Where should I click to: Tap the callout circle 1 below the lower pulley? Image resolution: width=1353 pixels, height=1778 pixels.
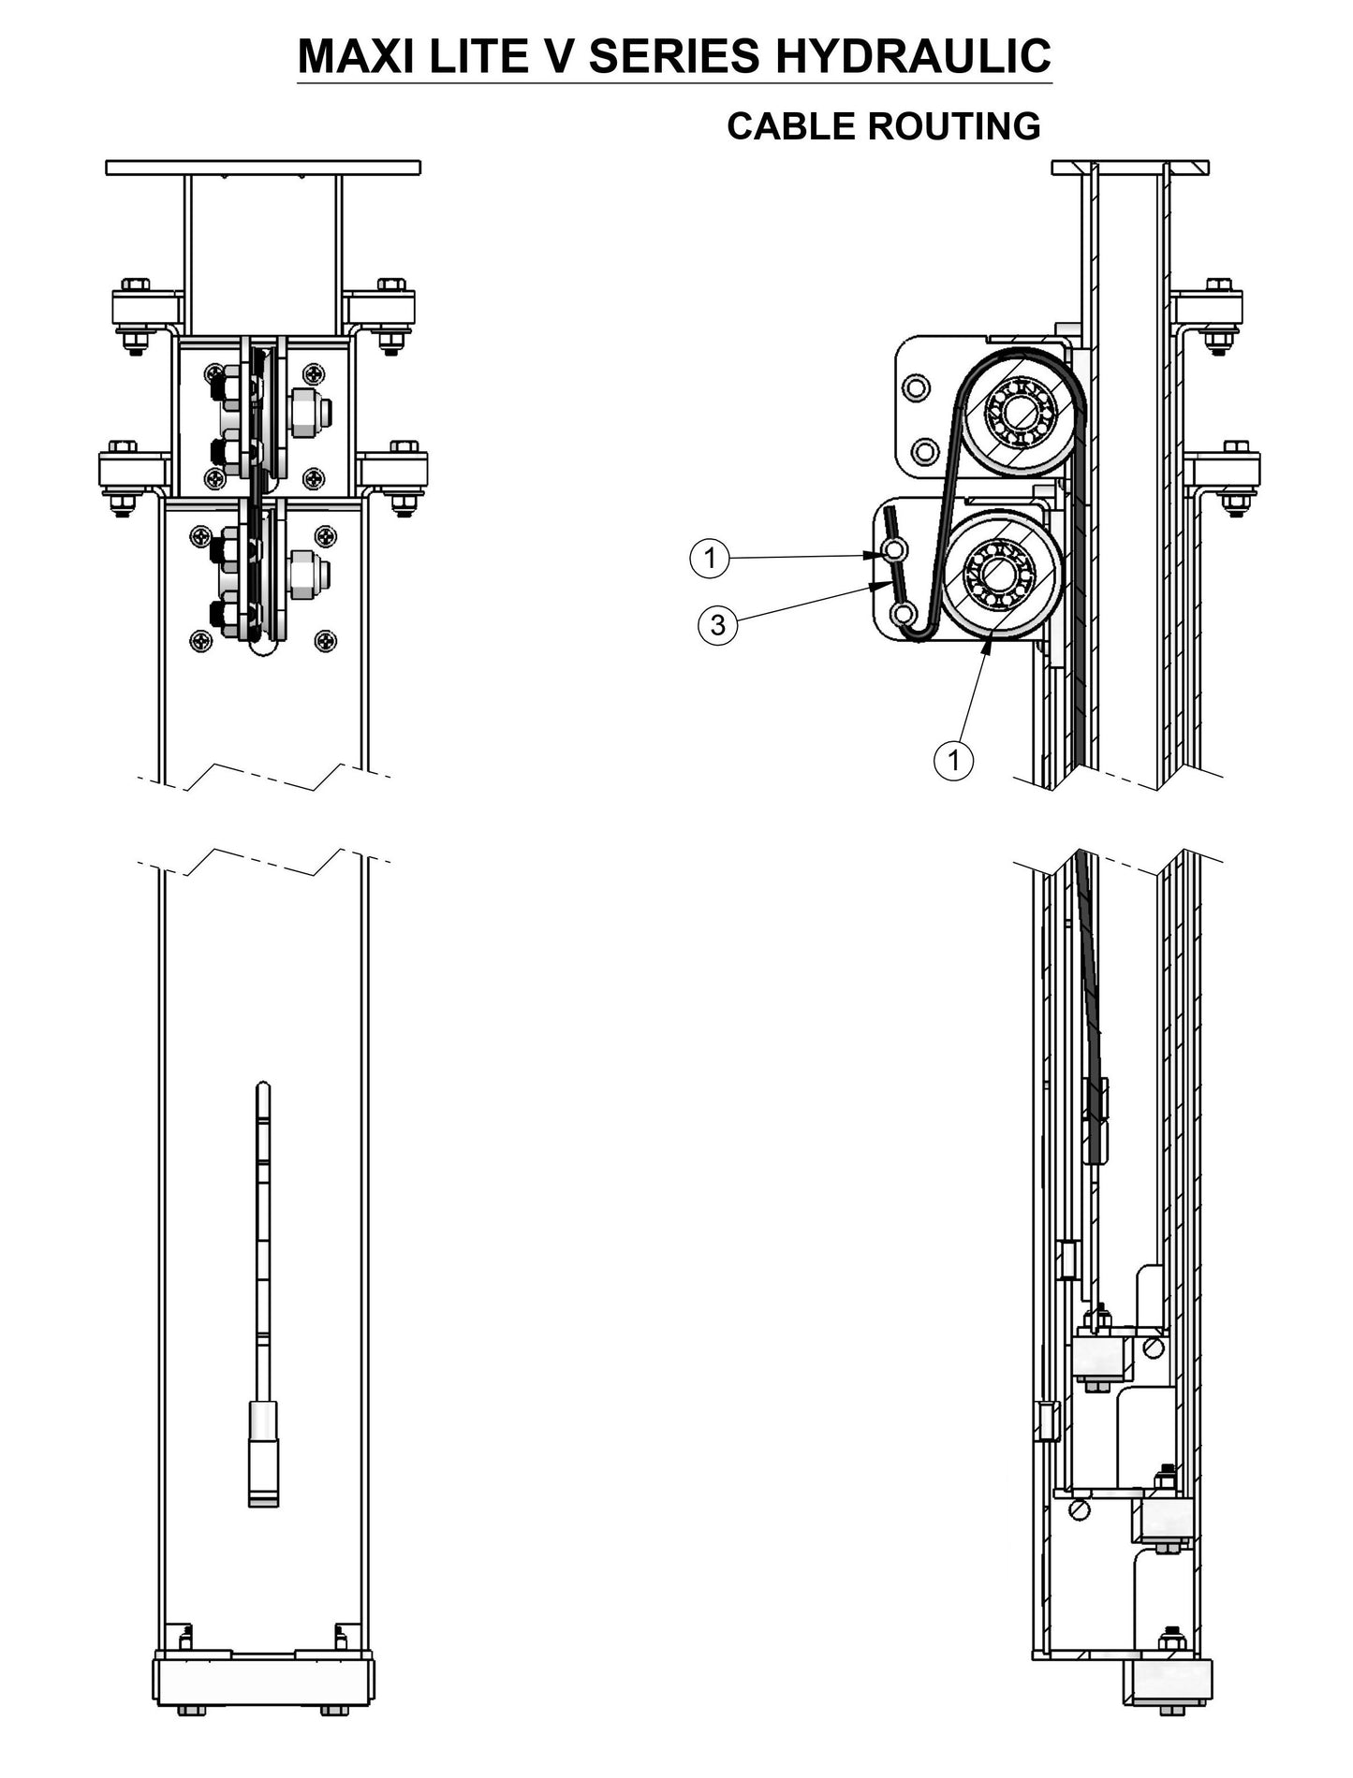click(x=953, y=759)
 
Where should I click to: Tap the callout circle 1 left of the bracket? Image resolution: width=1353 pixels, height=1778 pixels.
click(x=710, y=559)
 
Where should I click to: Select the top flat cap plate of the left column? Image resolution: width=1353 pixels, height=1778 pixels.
click(x=263, y=168)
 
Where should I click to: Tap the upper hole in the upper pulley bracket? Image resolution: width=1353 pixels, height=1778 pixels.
click(x=914, y=386)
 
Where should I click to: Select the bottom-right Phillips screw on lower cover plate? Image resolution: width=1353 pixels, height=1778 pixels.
click(x=325, y=641)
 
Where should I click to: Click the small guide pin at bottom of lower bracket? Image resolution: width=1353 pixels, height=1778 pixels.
click(x=904, y=615)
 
